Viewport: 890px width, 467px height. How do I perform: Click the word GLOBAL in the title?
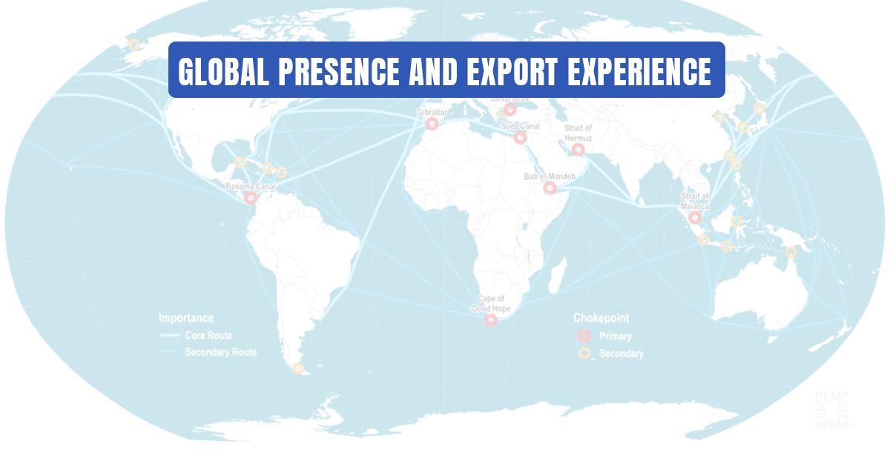coord(223,71)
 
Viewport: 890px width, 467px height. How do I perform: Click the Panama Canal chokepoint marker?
coord(251,198)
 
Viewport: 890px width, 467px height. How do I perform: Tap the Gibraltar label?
coord(432,113)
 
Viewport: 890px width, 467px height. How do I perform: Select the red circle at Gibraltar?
coord(431,125)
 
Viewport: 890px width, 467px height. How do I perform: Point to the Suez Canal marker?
coord(520,137)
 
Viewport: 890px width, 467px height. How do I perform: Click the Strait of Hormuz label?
coord(577,133)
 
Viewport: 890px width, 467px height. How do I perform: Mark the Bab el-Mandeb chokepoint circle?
coord(550,188)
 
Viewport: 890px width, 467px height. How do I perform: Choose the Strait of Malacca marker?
coord(694,218)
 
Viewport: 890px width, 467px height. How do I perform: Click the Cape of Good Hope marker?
coord(490,320)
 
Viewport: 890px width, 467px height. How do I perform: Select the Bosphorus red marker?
coord(510,110)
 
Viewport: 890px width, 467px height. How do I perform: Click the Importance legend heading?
coord(186,318)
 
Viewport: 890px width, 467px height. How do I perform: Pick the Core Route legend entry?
coord(208,336)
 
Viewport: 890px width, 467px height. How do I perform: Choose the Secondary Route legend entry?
coord(220,352)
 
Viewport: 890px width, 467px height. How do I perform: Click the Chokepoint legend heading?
coord(601,318)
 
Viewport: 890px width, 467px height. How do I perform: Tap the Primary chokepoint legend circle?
coord(585,337)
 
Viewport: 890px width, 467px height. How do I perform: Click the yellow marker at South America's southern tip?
coord(299,368)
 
